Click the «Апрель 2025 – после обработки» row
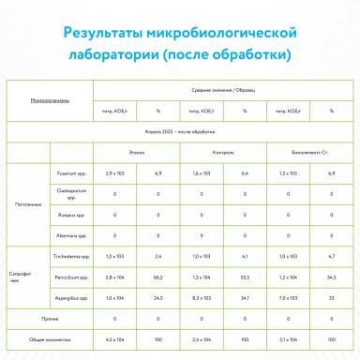point(179,133)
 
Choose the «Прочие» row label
point(51,319)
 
